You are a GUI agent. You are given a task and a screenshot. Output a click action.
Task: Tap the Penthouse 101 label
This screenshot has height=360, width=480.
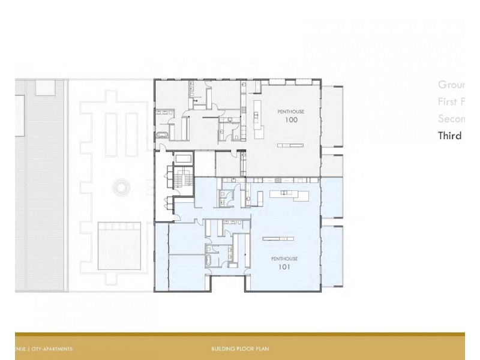pos(284,263)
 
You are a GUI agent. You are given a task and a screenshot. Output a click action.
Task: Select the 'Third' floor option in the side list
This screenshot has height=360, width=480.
pos(449,136)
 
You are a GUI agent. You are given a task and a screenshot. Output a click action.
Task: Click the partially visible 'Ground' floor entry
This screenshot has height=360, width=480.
pos(451,85)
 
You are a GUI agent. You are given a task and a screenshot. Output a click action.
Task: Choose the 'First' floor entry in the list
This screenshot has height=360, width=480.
pos(451,102)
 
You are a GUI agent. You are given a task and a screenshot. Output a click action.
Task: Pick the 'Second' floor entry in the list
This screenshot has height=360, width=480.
pos(451,119)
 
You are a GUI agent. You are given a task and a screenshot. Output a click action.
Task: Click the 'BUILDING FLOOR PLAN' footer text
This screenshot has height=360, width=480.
pos(240,349)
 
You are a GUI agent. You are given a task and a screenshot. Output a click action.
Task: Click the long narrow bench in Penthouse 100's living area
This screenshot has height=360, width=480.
pos(291,145)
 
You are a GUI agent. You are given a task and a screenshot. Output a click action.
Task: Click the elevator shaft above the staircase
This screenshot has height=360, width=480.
pos(182,158)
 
